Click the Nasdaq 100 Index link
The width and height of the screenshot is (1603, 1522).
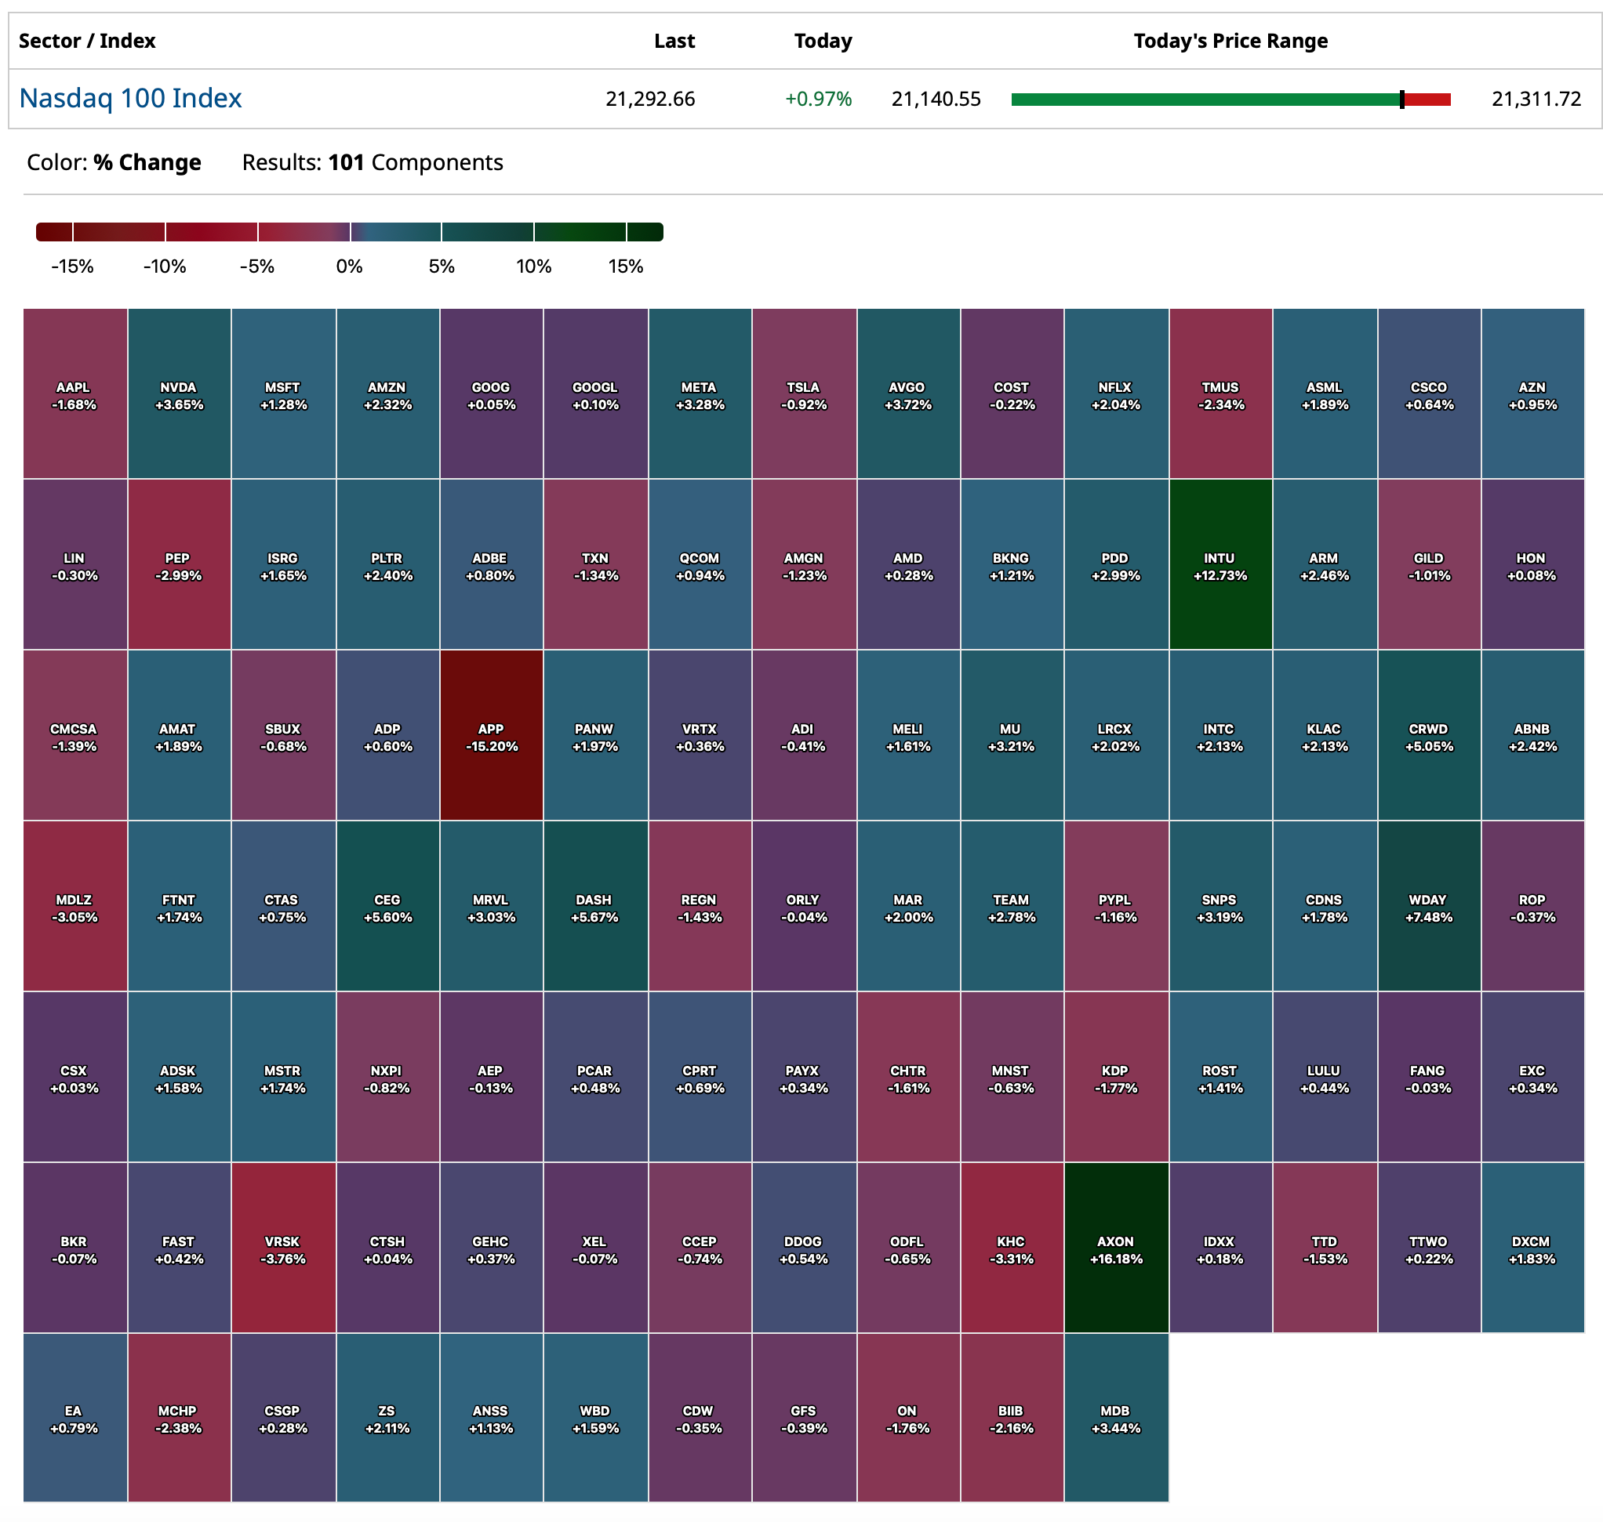(x=130, y=98)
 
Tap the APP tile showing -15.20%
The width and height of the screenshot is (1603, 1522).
(x=491, y=736)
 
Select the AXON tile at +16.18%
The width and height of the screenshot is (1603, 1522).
(x=1115, y=1248)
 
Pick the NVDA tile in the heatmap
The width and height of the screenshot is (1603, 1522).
(x=179, y=394)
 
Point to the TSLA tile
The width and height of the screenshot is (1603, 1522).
(x=803, y=394)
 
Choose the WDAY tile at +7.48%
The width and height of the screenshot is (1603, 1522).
(x=1427, y=907)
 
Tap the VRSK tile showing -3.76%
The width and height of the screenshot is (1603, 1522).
(x=282, y=1248)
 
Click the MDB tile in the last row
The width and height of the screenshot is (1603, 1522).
(x=1115, y=1418)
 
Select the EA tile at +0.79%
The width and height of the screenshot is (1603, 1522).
(x=74, y=1418)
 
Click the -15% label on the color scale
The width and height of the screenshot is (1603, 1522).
(x=72, y=266)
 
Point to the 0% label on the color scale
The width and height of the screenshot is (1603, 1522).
(x=349, y=266)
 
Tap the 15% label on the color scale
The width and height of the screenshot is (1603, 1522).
(x=625, y=266)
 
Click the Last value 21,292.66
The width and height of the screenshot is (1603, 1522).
(x=649, y=99)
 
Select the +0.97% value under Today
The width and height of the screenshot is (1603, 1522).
(x=817, y=99)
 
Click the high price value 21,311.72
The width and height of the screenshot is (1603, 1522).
(x=1535, y=99)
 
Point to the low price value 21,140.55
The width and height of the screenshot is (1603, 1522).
(x=935, y=99)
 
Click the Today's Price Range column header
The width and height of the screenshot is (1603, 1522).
(x=1230, y=41)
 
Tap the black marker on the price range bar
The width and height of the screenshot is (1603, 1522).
(x=1401, y=100)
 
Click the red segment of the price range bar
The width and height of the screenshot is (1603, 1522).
(x=1427, y=100)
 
